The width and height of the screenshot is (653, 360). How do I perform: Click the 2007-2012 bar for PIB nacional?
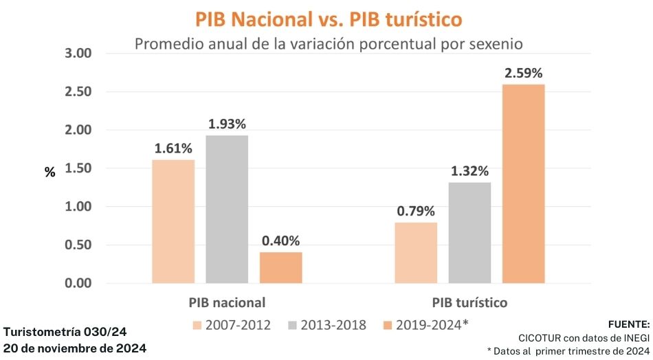[173, 221]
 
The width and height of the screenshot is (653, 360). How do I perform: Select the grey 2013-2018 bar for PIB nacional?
[227, 209]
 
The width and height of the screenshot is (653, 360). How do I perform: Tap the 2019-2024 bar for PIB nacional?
[280, 267]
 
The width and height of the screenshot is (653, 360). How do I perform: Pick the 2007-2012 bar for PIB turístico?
[416, 253]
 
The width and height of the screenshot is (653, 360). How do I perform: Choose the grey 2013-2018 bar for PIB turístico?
[470, 232]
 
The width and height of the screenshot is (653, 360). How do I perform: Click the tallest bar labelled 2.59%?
[524, 183]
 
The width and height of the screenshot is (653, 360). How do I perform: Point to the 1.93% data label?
[227, 124]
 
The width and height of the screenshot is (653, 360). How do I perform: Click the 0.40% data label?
[280, 241]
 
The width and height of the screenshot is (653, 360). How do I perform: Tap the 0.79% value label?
[416, 211]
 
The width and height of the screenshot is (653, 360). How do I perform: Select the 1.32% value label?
[470, 170]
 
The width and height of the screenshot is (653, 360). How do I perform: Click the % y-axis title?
[50, 172]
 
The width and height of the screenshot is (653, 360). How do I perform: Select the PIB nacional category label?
[227, 302]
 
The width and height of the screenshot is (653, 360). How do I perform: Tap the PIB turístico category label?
[470, 302]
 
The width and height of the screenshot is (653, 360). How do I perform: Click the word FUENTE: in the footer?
[628, 324]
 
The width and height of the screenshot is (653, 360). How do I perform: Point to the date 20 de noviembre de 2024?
[75, 348]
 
